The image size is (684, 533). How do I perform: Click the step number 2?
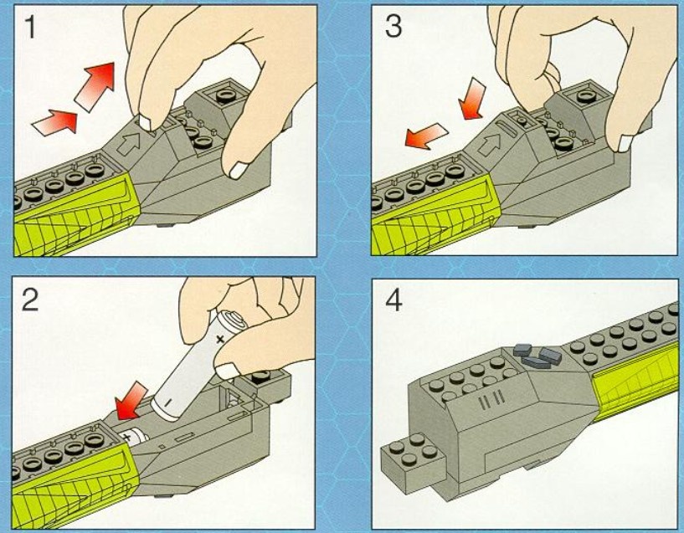coord(30,299)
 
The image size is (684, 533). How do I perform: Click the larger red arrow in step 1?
coord(96,84)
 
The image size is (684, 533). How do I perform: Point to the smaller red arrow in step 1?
coord(54,123)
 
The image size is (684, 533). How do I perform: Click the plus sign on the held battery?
coord(219,340)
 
